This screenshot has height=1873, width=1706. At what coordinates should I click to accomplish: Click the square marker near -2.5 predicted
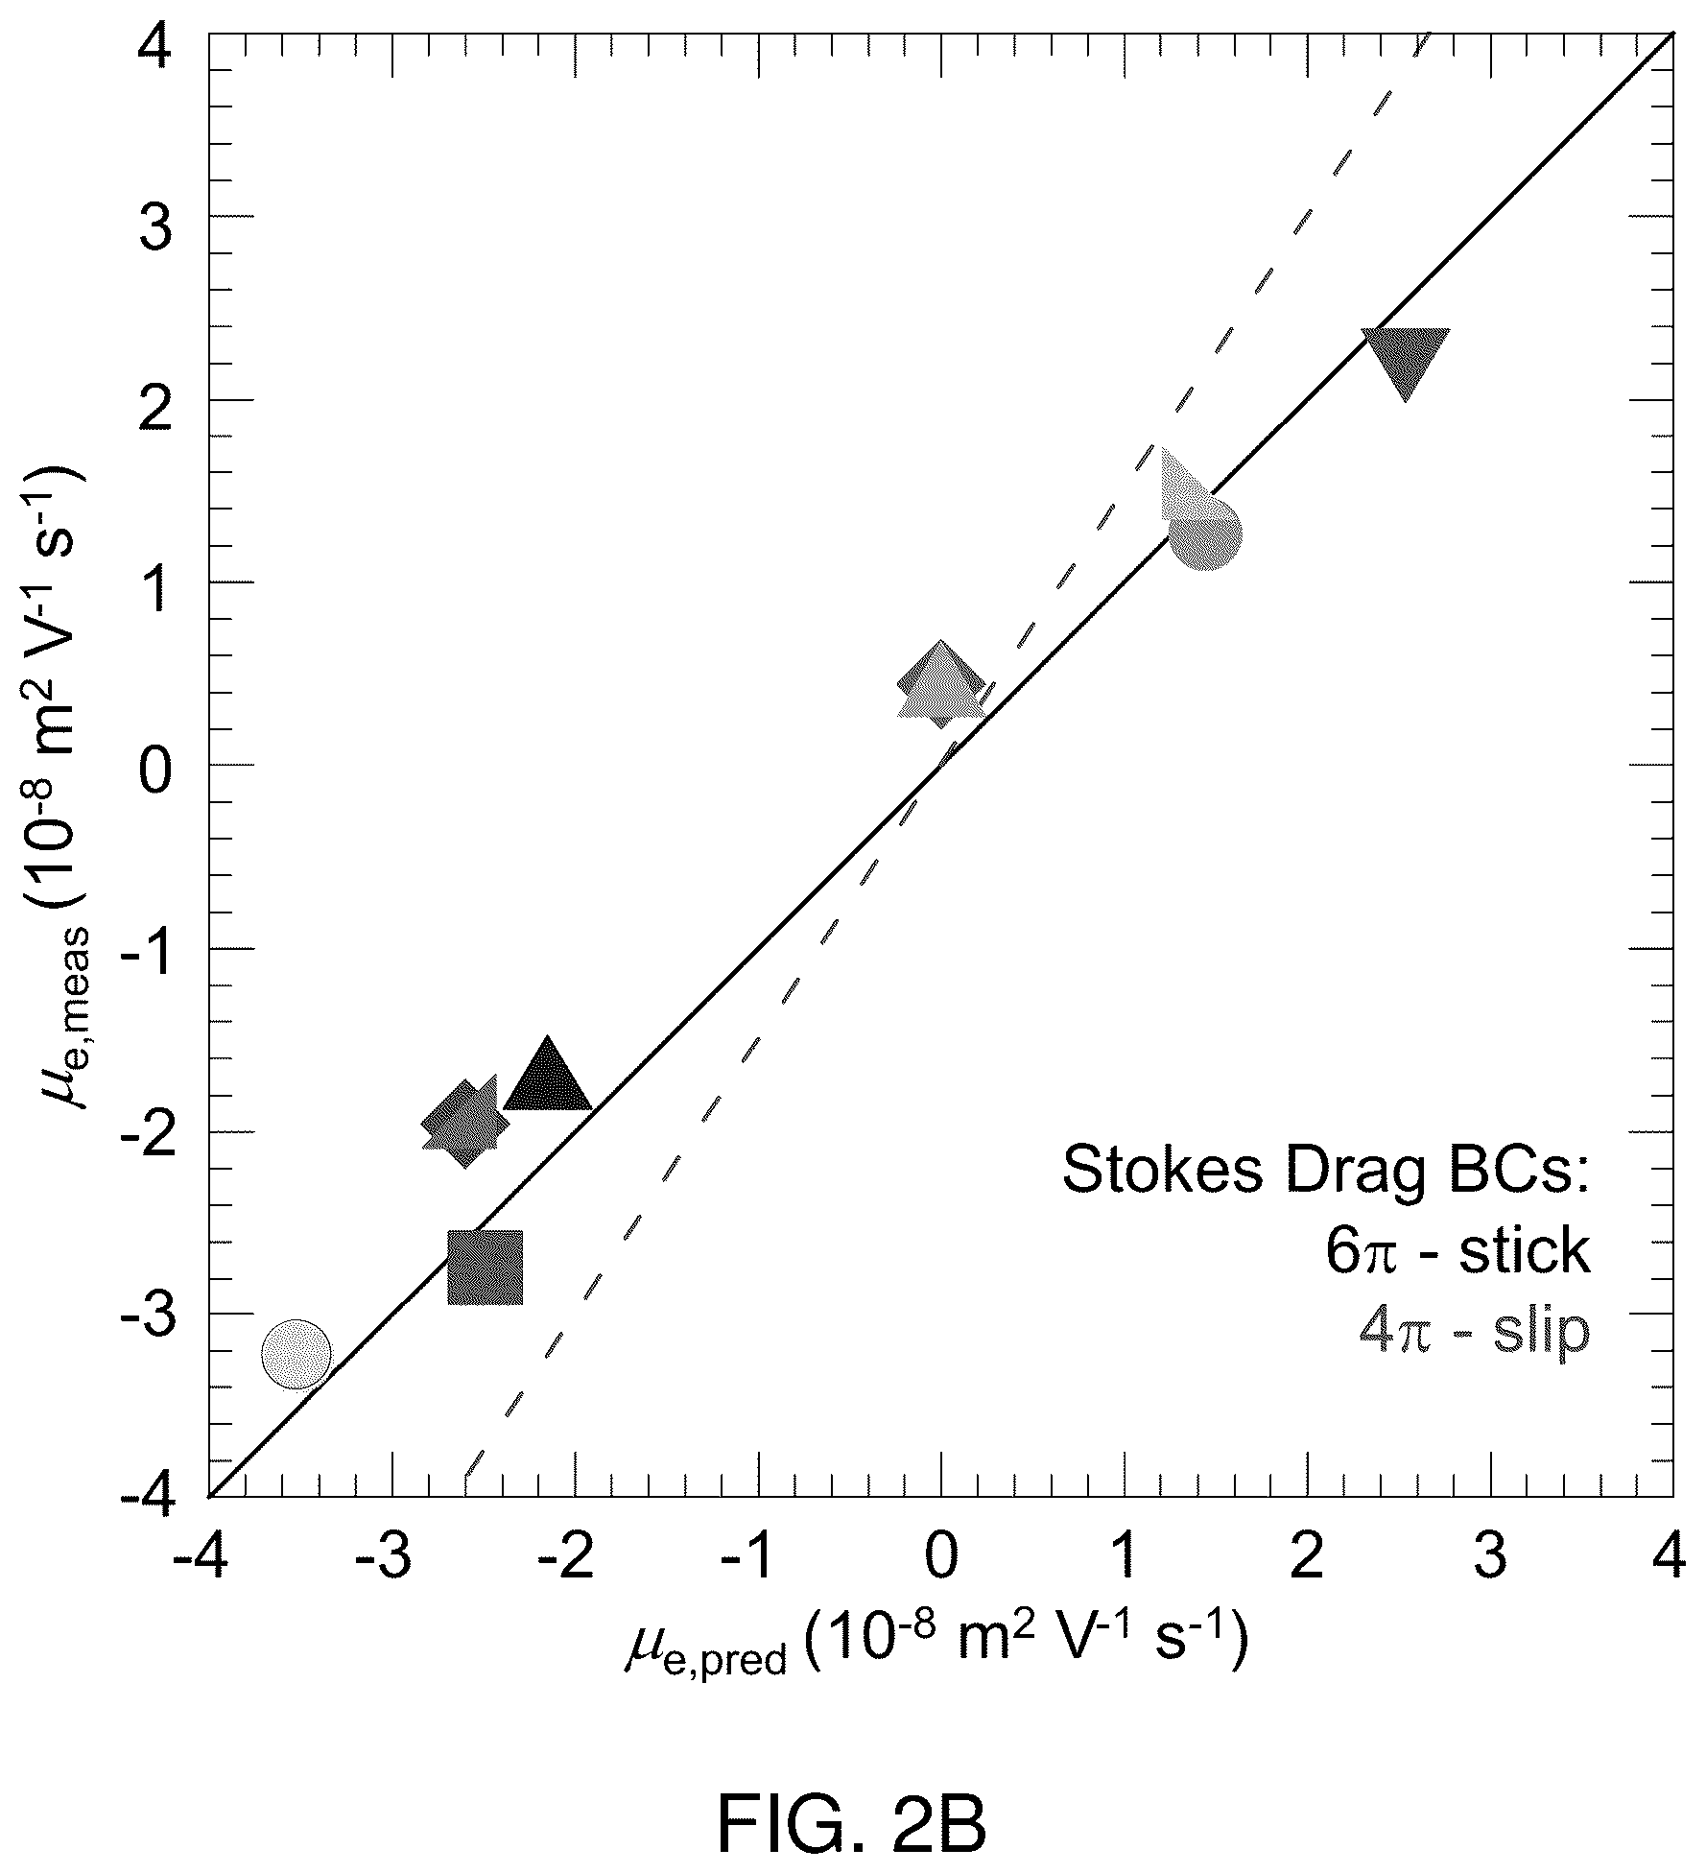(x=485, y=1268)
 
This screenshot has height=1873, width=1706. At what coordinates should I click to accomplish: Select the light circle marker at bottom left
(x=296, y=1353)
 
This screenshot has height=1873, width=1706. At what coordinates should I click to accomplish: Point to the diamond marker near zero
(x=940, y=683)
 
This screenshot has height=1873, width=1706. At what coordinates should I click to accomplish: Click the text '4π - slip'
(x=1475, y=1332)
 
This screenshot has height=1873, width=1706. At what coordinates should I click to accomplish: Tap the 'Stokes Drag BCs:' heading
(x=1327, y=1171)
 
